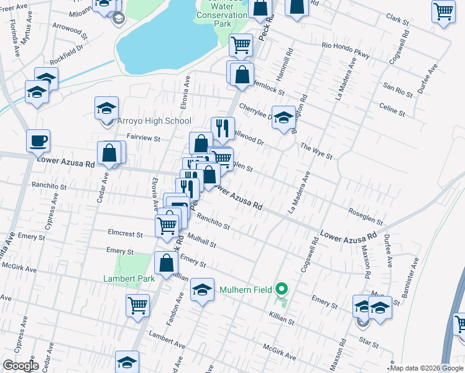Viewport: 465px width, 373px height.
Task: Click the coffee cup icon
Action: [38, 140]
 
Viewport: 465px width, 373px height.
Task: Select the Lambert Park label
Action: [129, 279]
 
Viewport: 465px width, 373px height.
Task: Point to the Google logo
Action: [20, 366]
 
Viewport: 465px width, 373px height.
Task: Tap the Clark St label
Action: [398, 24]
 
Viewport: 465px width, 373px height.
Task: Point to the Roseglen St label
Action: [365, 217]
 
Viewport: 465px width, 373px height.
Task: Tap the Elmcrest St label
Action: [126, 236]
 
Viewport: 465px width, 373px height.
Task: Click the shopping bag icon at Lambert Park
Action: [167, 263]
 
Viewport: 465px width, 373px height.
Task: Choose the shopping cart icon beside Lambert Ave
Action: [137, 305]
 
